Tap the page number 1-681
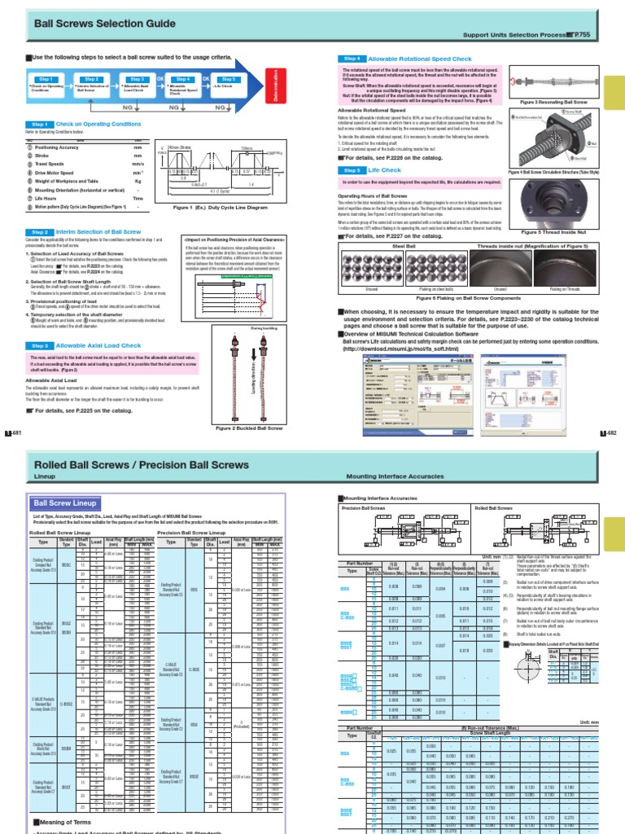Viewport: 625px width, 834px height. [x=12, y=432]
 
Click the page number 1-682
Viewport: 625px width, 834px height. [x=611, y=432]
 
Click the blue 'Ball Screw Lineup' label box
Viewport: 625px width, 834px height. [x=65, y=503]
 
